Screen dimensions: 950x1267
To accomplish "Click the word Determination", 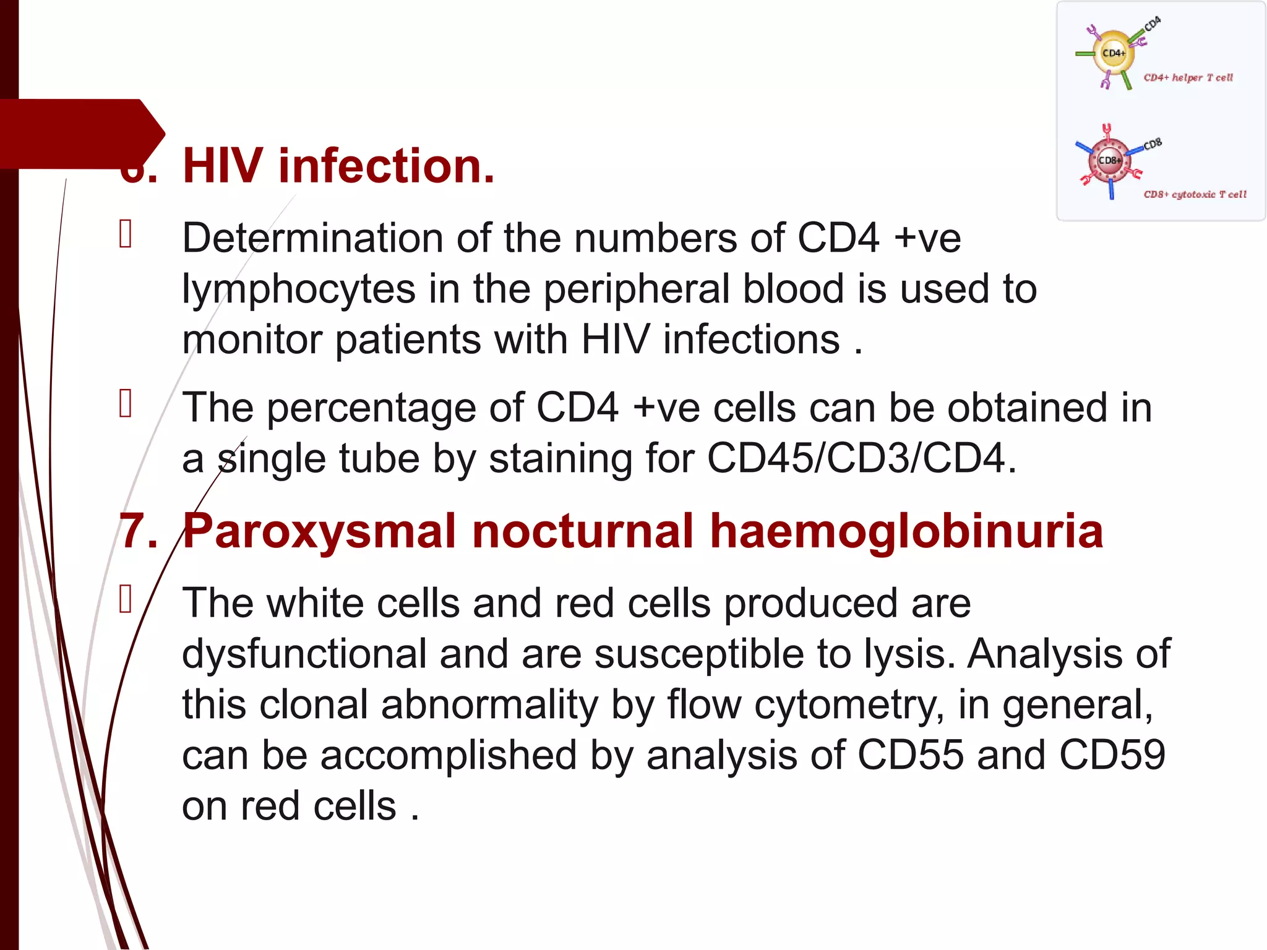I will tap(312, 238).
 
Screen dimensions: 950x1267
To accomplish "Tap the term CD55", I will tap(910, 755).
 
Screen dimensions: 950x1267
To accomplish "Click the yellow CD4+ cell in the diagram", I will tap(1113, 53).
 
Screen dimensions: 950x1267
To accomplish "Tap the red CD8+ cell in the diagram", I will tap(1109, 161).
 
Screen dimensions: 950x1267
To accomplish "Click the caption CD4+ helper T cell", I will tap(1188, 78).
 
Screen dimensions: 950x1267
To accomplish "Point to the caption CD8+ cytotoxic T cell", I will tap(1195, 195).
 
